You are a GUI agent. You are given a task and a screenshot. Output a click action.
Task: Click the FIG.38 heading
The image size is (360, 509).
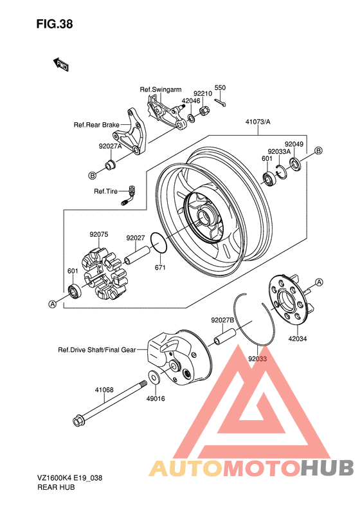point(55,24)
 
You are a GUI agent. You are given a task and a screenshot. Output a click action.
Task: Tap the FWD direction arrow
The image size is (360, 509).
point(60,64)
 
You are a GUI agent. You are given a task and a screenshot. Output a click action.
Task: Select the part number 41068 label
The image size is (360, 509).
point(104,389)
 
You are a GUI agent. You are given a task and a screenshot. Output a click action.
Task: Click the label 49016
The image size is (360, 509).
point(156,398)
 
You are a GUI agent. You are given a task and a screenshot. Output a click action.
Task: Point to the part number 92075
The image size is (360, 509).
point(99,234)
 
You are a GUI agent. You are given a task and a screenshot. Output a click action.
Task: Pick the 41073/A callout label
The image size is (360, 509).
point(258,122)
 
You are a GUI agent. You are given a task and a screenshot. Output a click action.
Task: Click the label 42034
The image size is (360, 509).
point(298,338)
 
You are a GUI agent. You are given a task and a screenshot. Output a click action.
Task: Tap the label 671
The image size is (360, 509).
point(160,267)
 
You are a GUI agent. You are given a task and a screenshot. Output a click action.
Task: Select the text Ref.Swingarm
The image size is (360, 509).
point(161,89)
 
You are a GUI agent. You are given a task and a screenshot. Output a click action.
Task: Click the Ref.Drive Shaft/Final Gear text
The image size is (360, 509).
point(96,350)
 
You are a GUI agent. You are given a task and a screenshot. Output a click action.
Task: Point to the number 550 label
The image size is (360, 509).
point(220,88)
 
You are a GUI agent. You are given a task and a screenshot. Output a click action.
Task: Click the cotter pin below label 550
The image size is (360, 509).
point(220,103)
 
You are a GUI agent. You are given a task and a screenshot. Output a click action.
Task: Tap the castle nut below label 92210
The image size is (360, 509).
point(204,111)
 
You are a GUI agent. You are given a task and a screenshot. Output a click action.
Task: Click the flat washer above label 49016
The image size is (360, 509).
point(154,376)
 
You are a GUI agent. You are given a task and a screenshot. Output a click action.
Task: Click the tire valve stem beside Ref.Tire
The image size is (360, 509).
point(129,196)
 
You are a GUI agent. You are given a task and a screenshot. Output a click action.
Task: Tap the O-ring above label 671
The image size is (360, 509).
point(159,243)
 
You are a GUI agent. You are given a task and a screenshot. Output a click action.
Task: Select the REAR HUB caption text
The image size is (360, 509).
point(56,487)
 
